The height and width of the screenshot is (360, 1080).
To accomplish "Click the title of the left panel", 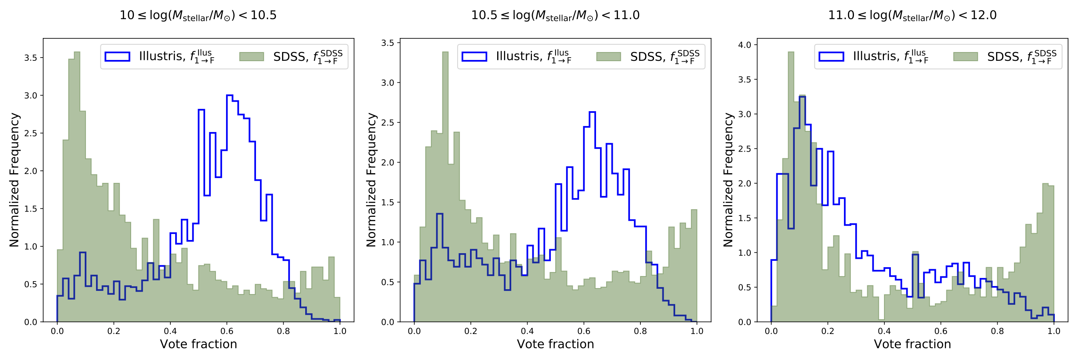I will point(198,16).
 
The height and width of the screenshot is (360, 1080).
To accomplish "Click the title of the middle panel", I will point(555,16).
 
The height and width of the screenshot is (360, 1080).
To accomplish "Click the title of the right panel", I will point(912,16).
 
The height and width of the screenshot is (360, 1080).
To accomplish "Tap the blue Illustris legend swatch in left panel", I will point(117,56).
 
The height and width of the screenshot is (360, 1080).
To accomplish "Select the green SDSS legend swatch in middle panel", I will point(608,56).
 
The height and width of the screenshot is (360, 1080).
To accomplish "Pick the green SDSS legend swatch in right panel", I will point(965,56).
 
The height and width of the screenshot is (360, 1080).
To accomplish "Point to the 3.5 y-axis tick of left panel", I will point(30,58).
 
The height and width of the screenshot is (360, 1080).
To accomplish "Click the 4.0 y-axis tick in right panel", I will point(744,45).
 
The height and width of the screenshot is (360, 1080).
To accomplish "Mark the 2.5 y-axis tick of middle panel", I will point(387,123).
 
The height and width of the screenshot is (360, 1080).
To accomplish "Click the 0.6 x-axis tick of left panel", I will point(227,331).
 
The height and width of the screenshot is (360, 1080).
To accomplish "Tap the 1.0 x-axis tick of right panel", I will point(1054,331).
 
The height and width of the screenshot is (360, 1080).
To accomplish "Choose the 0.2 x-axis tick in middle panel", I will point(470,331).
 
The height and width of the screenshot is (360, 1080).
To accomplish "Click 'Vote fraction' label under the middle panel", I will point(555,344).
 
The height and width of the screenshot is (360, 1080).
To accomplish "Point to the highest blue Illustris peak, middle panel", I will point(592,112).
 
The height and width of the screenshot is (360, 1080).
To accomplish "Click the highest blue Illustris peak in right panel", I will point(802,97).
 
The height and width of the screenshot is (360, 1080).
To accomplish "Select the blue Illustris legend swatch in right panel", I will point(831,56).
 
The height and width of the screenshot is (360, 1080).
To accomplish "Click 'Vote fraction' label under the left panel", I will point(198,344).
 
